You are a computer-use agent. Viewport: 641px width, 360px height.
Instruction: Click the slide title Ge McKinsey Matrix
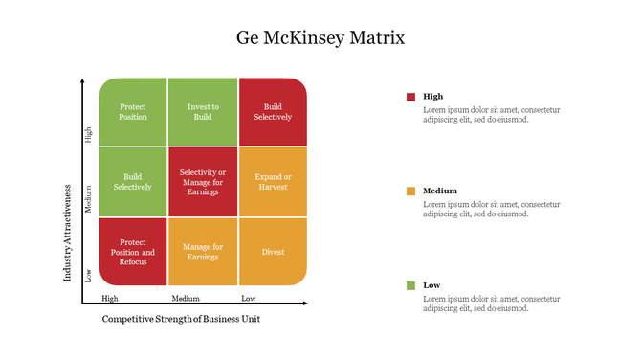(x=320, y=38)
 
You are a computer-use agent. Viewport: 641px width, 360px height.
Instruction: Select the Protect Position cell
(x=133, y=112)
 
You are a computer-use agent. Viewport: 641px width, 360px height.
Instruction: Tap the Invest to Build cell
(x=203, y=112)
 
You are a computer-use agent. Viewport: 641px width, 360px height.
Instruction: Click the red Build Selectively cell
(x=273, y=112)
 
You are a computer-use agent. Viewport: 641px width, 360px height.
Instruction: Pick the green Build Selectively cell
(x=133, y=182)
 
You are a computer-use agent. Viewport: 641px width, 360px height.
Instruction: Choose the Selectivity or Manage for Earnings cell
(x=203, y=182)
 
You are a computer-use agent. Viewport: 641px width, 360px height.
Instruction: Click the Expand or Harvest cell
(x=273, y=182)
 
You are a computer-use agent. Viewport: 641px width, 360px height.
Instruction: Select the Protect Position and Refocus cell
(x=133, y=252)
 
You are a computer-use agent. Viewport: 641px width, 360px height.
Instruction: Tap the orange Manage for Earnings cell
(x=203, y=252)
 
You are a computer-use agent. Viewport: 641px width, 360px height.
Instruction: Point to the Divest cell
(x=273, y=252)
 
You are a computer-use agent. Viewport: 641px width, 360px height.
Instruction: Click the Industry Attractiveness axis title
(x=68, y=234)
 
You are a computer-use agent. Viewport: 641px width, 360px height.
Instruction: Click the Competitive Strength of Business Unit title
(x=181, y=319)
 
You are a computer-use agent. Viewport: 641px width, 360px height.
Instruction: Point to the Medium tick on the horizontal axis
(x=186, y=298)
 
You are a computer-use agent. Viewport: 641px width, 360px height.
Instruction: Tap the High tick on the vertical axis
(x=90, y=135)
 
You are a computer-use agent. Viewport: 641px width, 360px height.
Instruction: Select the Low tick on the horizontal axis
(x=249, y=298)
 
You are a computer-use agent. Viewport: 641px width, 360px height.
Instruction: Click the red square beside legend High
(x=411, y=97)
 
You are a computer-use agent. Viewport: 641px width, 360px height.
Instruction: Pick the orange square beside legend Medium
(x=411, y=191)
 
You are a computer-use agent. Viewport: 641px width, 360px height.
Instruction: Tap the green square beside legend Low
(x=411, y=285)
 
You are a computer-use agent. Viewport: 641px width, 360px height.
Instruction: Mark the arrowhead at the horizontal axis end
(x=304, y=304)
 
